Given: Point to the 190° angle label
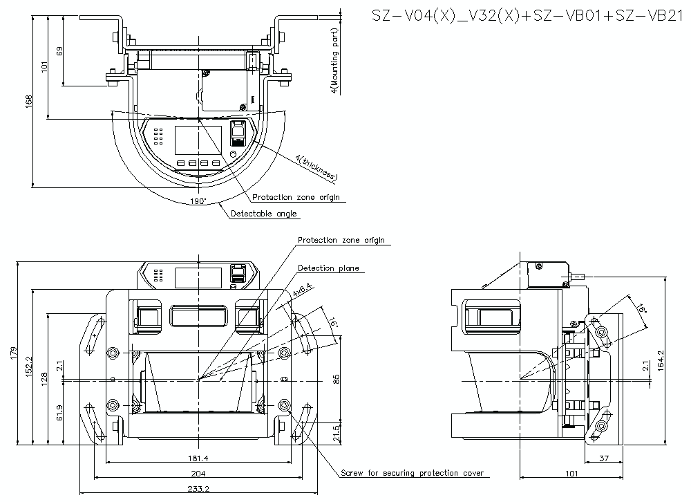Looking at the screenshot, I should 198,201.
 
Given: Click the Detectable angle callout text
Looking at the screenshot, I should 263,214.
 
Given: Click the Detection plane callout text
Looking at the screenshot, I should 328,268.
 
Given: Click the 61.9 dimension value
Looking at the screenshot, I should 59,413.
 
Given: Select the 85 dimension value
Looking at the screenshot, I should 337,379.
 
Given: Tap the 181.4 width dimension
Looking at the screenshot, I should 198,458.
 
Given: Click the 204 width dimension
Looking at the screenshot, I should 198,473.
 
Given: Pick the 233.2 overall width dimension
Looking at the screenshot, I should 198,488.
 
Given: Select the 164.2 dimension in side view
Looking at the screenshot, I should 661,360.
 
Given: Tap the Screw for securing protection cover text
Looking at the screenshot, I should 412,474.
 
